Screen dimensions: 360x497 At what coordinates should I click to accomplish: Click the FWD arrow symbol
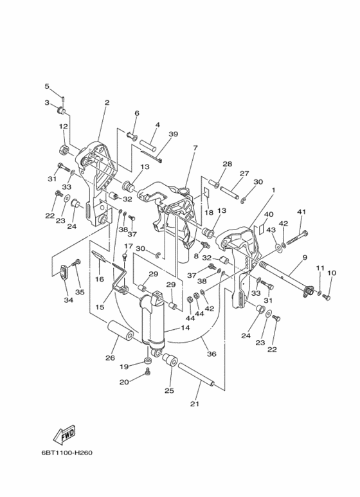click(x=64, y=435)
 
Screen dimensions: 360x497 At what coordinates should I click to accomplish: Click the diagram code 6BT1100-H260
click(x=67, y=453)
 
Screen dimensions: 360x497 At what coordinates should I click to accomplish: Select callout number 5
click(x=47, y=86)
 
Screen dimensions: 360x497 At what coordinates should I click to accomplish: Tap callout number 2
click(x=107, y=103)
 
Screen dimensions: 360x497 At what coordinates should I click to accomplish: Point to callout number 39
click(x=173, y=134)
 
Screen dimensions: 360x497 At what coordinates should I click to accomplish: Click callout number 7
click(x=195, y=148)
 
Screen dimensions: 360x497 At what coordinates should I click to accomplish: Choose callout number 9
click(x=305, y=257)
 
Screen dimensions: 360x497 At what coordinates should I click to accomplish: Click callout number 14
click(x=185, y=327)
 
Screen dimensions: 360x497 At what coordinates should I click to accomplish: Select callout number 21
click(x=195, y=404)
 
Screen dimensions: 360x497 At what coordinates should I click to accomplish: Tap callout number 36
click(x=212, y=354)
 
